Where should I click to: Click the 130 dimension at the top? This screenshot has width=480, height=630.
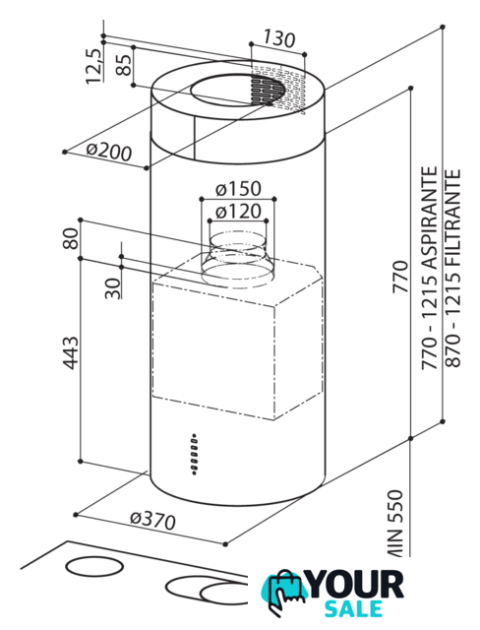coord(279,38)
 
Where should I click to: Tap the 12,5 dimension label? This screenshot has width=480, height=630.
coord(93,66)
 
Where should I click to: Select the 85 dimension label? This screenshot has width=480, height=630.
coord(123,64)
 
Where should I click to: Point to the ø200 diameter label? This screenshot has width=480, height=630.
coord(109,151)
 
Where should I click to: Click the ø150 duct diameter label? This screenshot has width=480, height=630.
coord(238,188)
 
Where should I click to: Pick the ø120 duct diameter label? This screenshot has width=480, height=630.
coord(238,212)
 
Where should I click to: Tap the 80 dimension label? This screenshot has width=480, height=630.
coord(70,238)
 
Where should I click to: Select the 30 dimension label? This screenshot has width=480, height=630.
coord(113,288)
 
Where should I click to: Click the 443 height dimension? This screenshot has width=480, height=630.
coord(70,352)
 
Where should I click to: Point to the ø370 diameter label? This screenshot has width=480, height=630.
coord(152,521)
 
